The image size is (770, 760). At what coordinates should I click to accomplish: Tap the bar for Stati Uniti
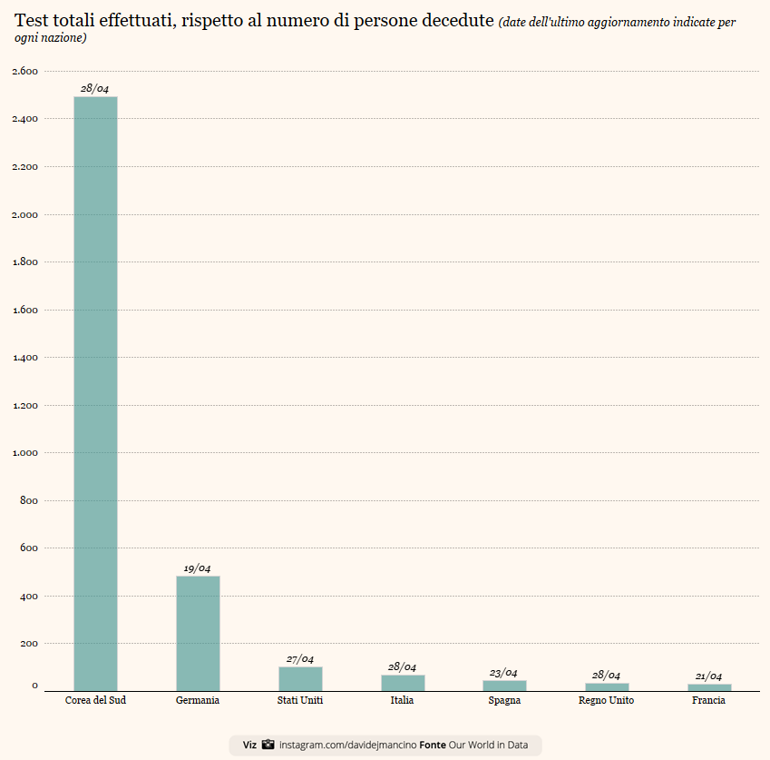(x=300, y=679)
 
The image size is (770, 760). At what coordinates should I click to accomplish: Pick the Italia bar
(x=403, y=683)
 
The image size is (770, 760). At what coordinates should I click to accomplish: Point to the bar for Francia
(x=709, y=687)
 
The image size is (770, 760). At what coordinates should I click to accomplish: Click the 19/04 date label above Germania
(x=197, y=568)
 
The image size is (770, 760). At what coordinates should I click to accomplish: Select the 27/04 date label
(x=299, y=659)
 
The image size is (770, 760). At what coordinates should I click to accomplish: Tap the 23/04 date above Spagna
(x=503, y=673)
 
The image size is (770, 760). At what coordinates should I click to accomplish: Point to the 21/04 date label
(x=708, y=676)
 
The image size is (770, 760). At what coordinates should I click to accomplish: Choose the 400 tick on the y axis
(x=29, y=596)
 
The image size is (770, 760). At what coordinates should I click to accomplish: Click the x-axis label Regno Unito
(x=606, y=701)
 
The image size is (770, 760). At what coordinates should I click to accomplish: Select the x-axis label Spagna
(x=503, y=701)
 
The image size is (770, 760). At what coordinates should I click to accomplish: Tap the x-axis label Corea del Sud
(x=95, y=701)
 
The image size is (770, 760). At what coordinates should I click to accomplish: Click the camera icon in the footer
(x=268, y=745)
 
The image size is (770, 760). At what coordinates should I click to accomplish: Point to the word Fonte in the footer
(x=433, y=745)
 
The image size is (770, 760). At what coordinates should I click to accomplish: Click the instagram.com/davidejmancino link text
(x=347, y=745)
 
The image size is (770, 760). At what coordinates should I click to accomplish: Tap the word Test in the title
(x=31, y=21)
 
